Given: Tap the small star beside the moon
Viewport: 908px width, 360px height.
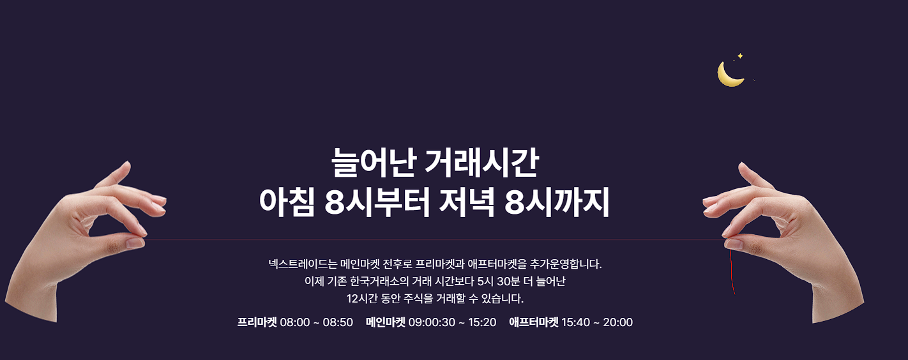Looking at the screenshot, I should tap(740, 56).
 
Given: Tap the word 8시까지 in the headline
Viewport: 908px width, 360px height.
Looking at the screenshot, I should tap(557, 204).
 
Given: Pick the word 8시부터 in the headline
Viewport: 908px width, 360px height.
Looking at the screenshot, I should tap(377, 204).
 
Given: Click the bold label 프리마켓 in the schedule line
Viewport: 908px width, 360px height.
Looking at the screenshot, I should tap(257, 322).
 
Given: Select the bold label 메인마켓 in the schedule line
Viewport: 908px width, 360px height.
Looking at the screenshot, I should tap(386, 322).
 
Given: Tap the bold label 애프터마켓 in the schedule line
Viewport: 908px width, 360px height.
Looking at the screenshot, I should tap(534, 322).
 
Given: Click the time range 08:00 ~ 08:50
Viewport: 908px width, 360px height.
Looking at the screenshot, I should tap(317, 322).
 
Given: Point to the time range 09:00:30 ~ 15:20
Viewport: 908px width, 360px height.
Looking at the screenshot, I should tap(453, 322).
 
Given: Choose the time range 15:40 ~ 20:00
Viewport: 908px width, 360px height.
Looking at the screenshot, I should tap(597, 322).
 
